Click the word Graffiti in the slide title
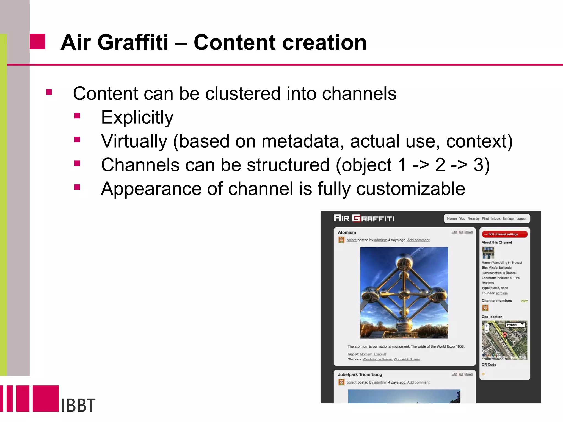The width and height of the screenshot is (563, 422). (133, 43)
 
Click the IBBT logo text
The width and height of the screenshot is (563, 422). (78, 405)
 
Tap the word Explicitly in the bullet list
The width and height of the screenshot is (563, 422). (137, 117)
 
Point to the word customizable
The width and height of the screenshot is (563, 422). (410, 189)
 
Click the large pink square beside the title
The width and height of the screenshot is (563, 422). (38, 41)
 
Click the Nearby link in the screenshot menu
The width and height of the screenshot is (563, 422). (473, 218)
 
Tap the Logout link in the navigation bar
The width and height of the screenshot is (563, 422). (521, 219)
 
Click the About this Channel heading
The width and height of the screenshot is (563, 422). (496, 242)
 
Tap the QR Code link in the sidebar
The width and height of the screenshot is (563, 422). (489, 365)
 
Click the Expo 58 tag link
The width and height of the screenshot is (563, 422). (380, 354)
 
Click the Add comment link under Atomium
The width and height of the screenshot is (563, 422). (418, 240)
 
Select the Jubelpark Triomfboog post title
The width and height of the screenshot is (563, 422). (360, 374)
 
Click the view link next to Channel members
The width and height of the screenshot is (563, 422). (524, 301)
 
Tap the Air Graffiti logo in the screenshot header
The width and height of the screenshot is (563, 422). (364, 218)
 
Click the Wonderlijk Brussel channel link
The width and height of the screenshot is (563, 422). (407, 359)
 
